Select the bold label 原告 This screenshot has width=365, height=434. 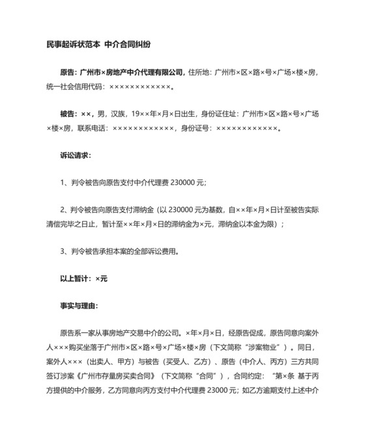[67, 72]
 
